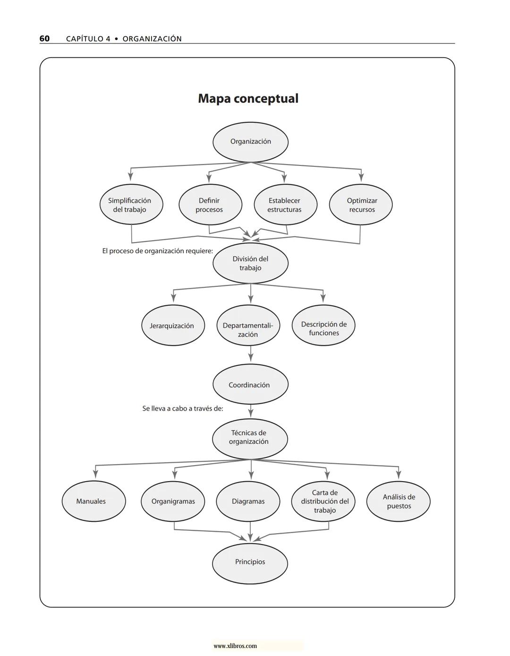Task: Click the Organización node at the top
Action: (x=250, y=142)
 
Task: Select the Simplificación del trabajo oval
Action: (x=131, y=205)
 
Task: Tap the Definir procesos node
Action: (x=210, y=205)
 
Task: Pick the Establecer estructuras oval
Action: (x=285, y=205)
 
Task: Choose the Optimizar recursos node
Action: (x=361, y=205)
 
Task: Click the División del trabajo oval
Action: (x=250, y=263)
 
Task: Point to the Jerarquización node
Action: (x=173, y=326)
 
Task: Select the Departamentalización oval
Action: (x=248, y=326)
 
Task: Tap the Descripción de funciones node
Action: (x=323, y=326)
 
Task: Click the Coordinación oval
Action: (x=250, y=385)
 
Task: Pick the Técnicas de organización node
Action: (x=250, y=438)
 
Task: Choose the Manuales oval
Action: (x=93, y=501)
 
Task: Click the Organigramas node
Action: (x=173, y=501)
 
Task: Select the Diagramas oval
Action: (x=248, y=501)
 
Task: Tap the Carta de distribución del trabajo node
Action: (x=323, y=501)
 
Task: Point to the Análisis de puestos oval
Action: (x=399, y=501)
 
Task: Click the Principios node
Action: (x=250, y=562)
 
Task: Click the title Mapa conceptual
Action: (x=248, y=98)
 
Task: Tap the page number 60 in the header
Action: (x=44, y=39)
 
